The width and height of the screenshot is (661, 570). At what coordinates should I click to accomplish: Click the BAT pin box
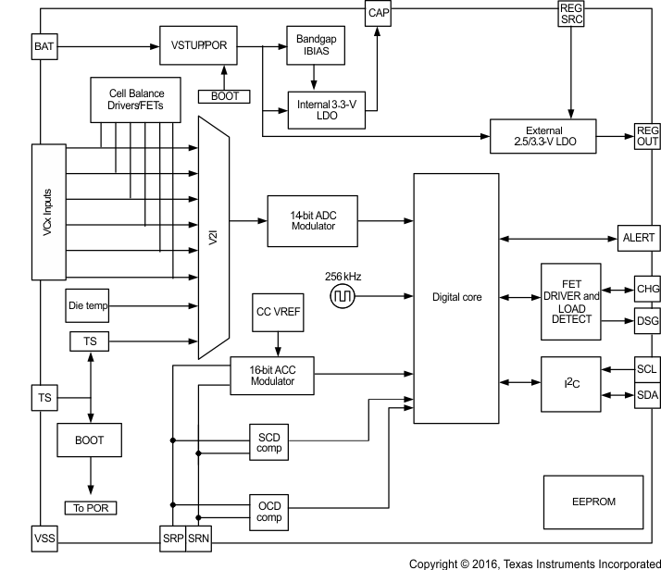click(44, 44)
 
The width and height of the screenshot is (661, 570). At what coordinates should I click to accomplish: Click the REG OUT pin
click(645, 136)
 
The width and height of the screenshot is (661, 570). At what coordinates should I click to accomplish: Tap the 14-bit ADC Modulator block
click(312, 220)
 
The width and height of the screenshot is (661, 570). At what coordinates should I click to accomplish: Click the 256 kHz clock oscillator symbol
click(343, 296)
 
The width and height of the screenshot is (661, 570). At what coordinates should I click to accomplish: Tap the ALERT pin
click(638, 238)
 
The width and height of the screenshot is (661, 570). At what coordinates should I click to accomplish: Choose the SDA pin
click(645, 396)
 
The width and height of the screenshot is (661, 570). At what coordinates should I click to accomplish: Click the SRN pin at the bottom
click(199, 538)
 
